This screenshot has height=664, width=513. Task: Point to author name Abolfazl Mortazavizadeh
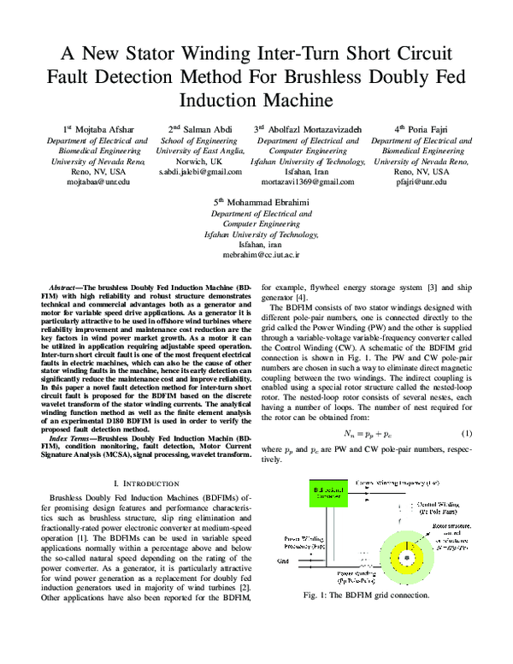[313, 128]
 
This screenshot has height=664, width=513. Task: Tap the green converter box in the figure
[327, 495]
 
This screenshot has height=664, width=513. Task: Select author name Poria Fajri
[422, 128]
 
